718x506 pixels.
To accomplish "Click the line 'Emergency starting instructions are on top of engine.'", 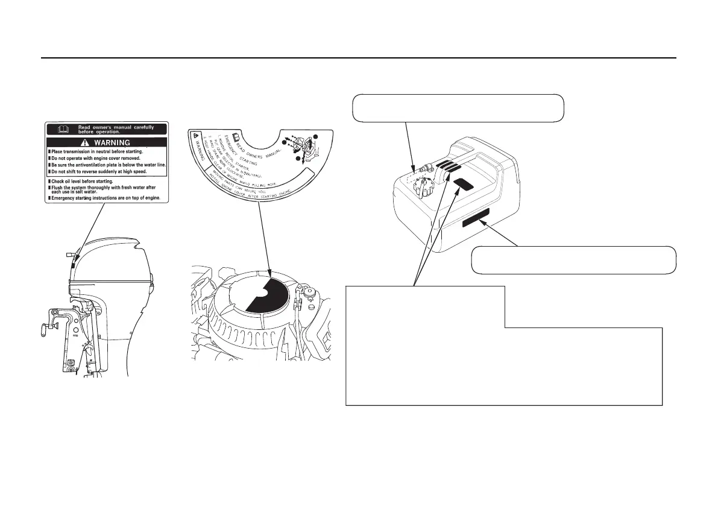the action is pos(105,198).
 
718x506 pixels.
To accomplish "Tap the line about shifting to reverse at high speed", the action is pos(99,171).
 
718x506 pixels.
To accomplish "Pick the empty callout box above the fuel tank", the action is pos(458,108).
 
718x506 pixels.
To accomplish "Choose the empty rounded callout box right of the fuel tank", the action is pos(573,260).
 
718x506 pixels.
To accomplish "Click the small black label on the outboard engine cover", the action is pos(71,264).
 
